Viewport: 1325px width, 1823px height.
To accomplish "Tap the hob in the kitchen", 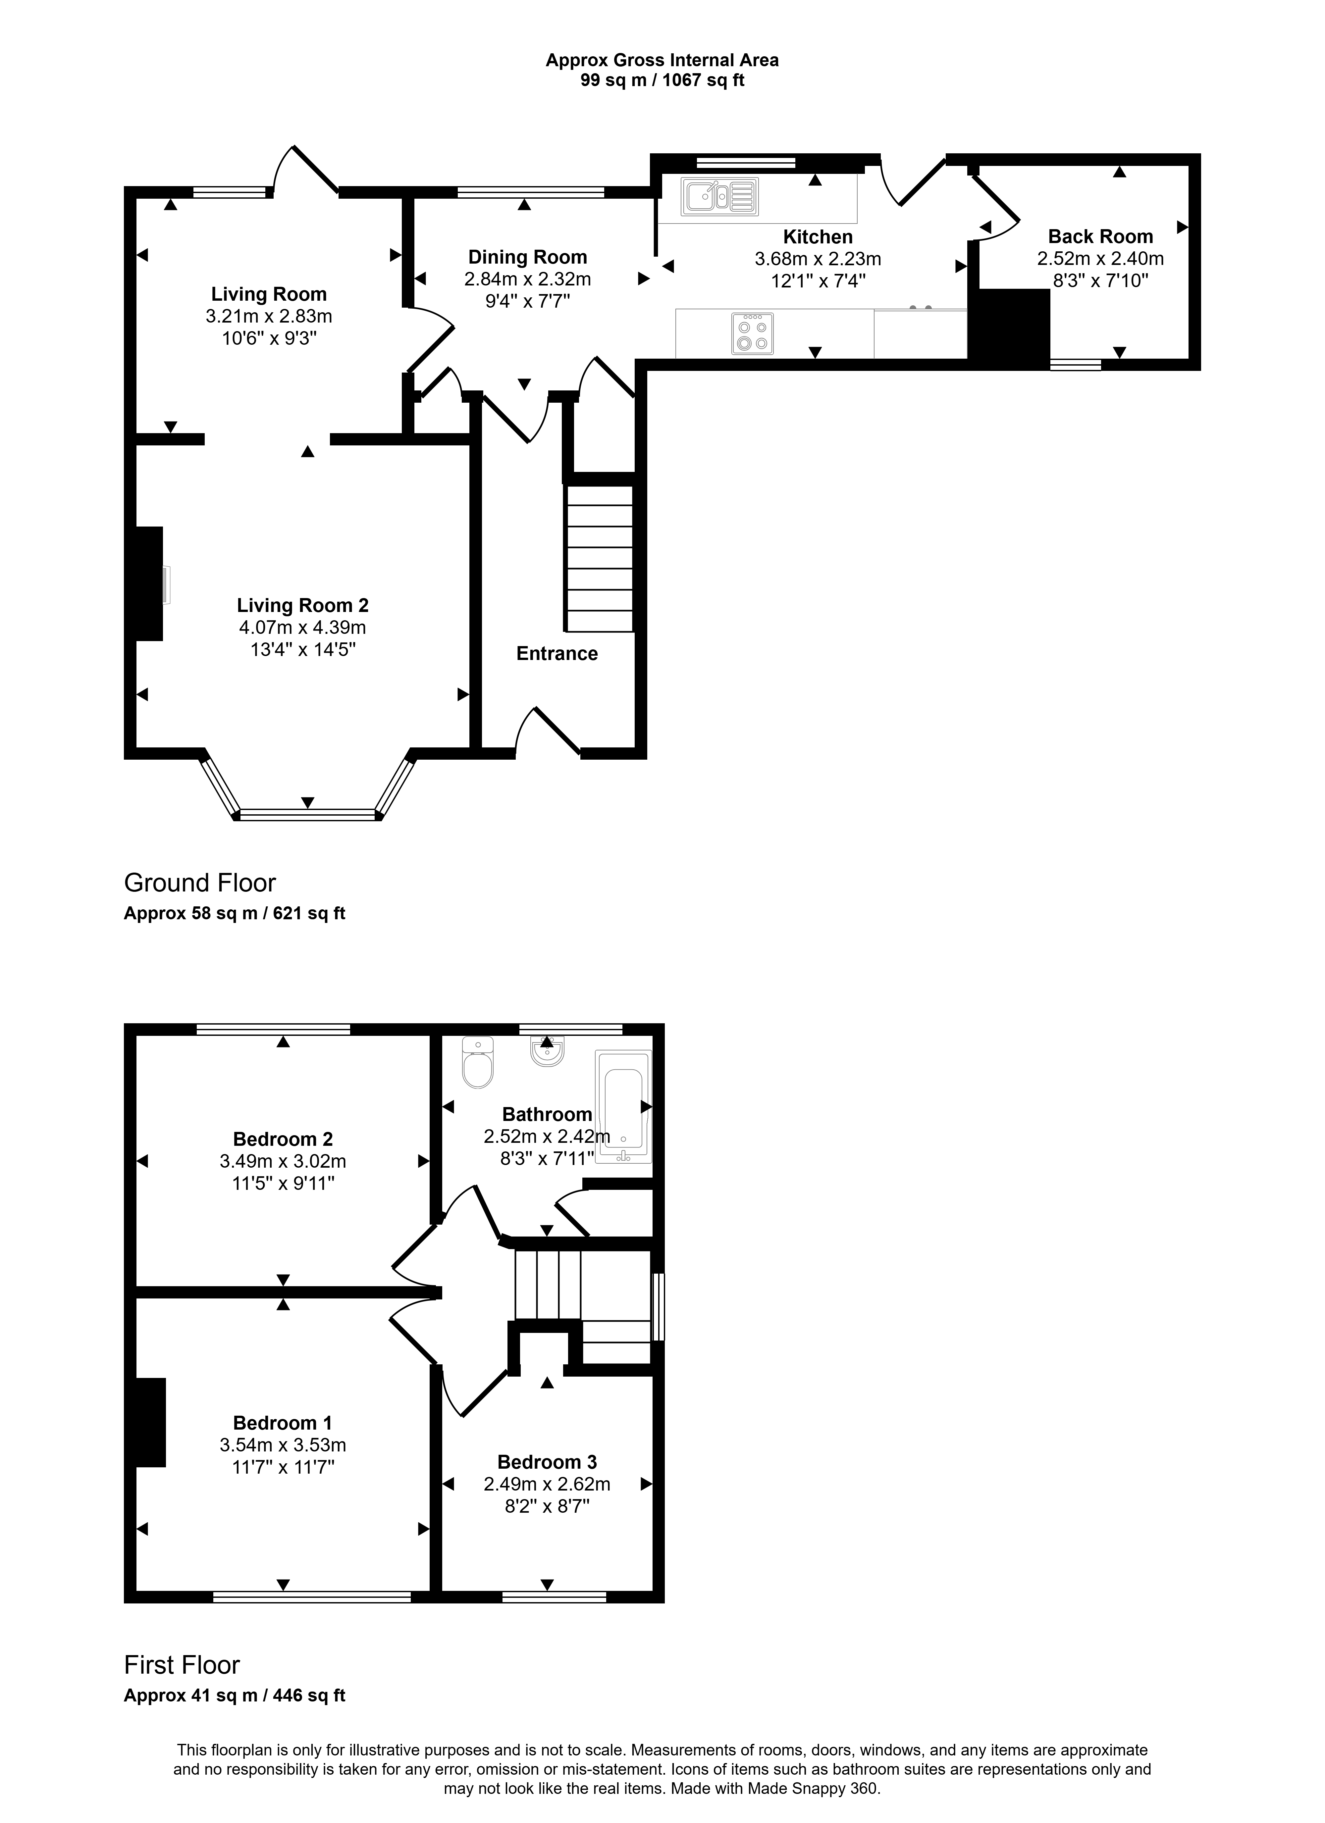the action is [753, 333].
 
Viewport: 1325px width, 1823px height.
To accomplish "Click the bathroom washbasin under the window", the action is [548, 1050].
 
